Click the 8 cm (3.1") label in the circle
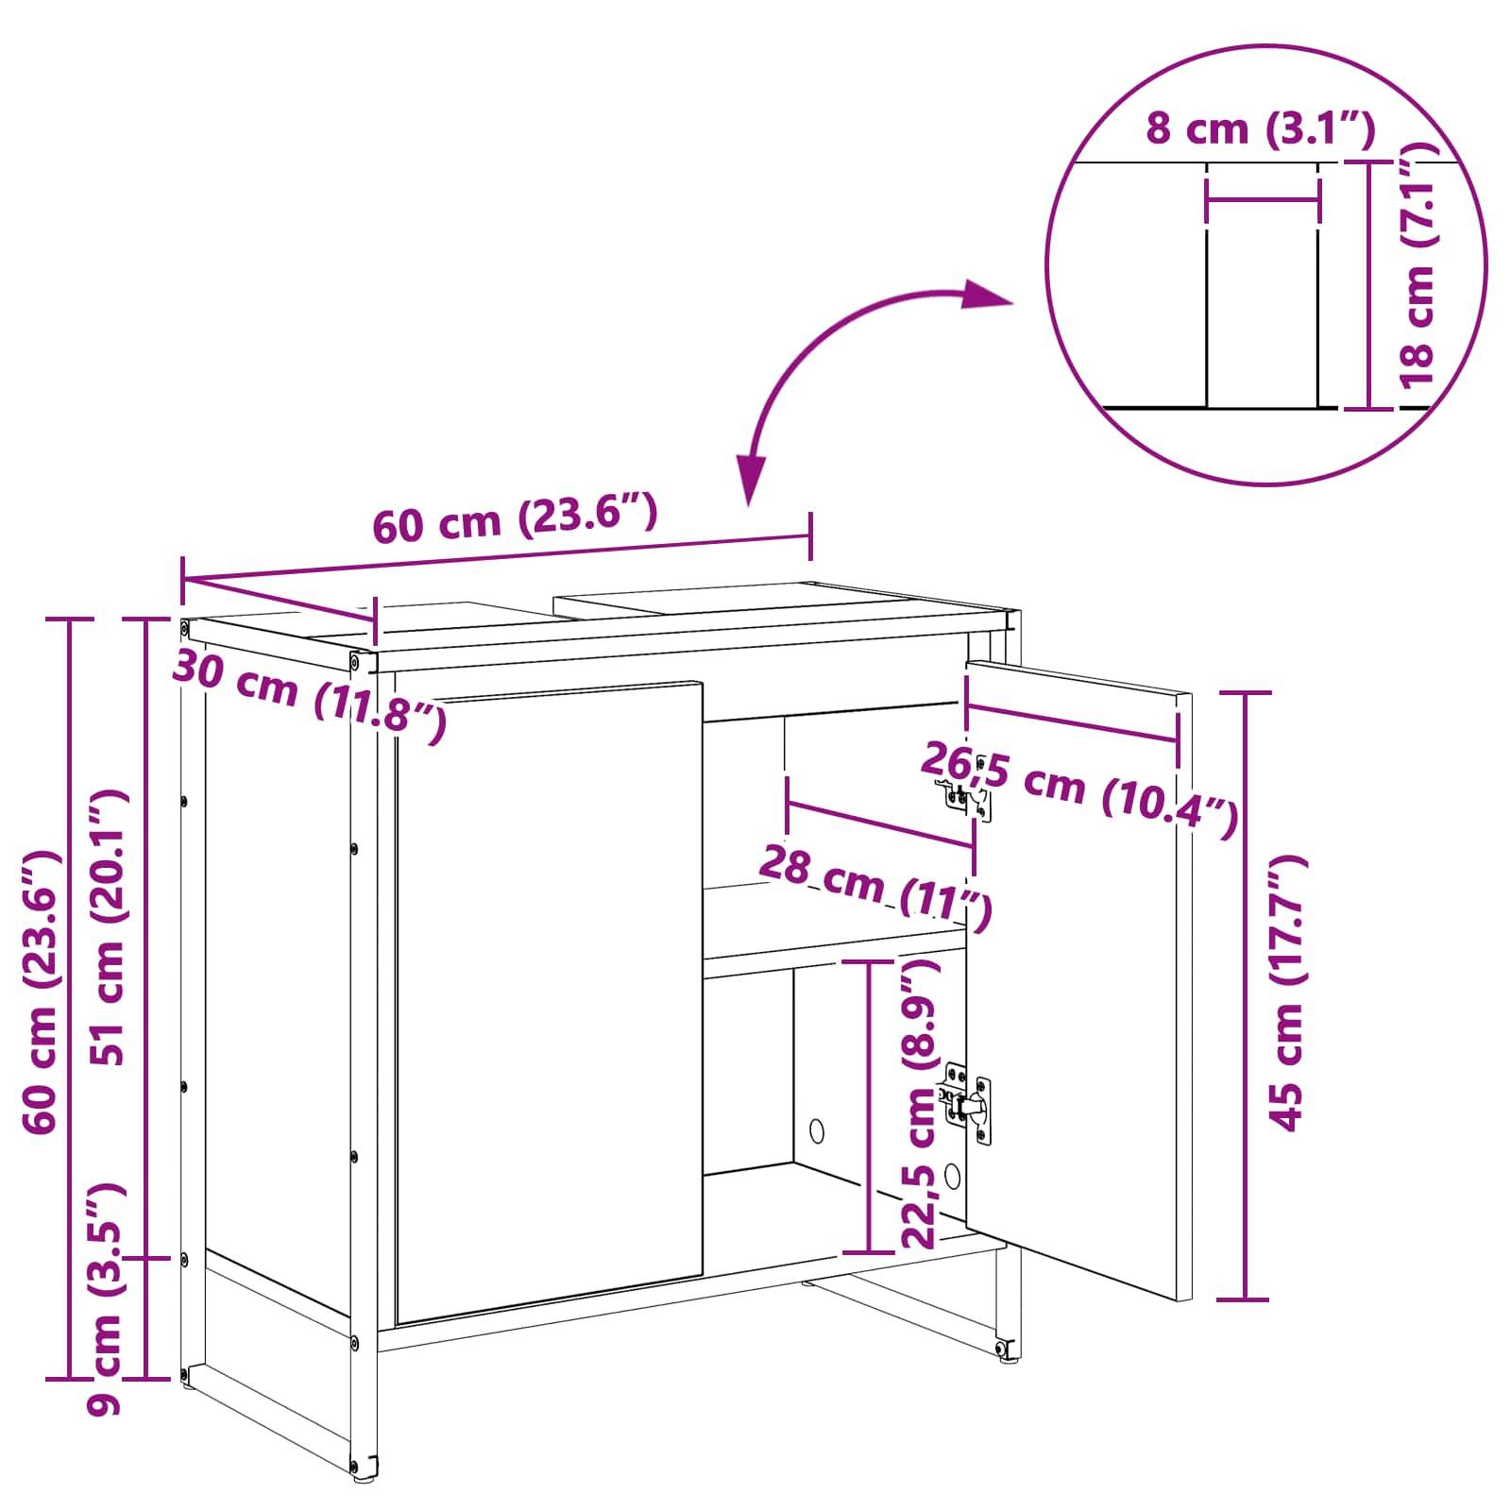[1260, 128]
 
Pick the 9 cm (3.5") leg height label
[107, 1299]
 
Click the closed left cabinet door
[549, 1001]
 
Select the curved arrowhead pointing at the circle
[988, 296]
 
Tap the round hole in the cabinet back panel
[818, 1129]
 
